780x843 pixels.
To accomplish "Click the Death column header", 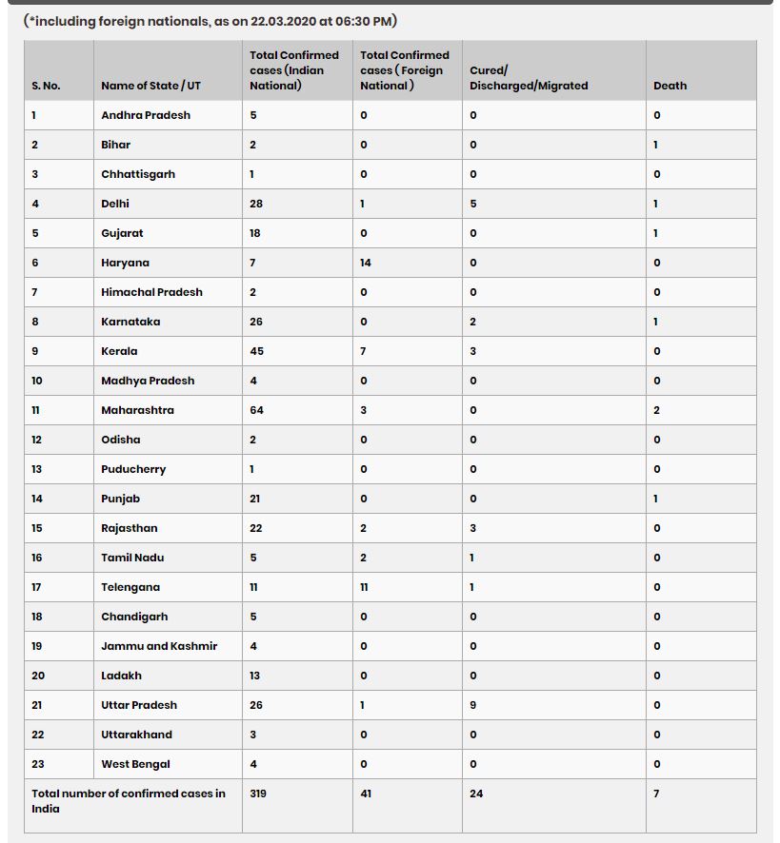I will point(670,86).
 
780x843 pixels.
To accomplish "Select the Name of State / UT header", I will point(150,86).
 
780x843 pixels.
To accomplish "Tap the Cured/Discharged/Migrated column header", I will point(529,78).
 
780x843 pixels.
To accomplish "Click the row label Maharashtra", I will point(137,410).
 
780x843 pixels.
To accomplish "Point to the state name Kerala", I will point(119,351).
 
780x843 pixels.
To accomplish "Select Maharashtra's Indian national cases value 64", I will point(256,410).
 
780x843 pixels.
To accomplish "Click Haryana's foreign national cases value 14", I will point(366,263).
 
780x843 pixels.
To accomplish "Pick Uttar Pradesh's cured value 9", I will point(473,705).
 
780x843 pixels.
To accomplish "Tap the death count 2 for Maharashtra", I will point(656,410).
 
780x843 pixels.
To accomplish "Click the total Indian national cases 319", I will point(258,794).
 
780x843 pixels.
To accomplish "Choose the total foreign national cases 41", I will point(367,794).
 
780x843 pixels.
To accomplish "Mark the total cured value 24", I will point(476,794).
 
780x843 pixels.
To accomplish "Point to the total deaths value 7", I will point(656,794).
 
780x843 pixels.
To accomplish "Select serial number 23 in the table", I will point(38,764).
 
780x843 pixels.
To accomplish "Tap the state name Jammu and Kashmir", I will point(159,646).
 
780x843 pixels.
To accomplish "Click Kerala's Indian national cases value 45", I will point(256,351).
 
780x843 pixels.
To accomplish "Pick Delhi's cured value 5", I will point(473,204).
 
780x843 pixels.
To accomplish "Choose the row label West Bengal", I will point(135,764).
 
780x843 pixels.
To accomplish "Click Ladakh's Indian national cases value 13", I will point(255,676).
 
